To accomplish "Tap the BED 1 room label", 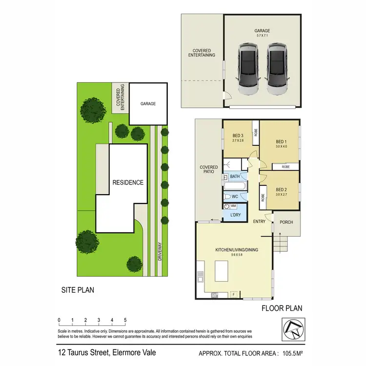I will [280, 141].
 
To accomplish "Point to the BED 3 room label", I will [238, 135].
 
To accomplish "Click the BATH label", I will [235, 177].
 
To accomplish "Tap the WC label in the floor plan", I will [235, 196].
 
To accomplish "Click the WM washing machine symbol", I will [227, 206].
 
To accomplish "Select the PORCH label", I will [286, 222].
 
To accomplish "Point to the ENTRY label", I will [259, 222].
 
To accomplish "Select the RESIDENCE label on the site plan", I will [128, 183].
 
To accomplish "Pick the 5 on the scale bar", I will [125, 321].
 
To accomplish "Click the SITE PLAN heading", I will [78, 290].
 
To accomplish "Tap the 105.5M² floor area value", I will [289, 354].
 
